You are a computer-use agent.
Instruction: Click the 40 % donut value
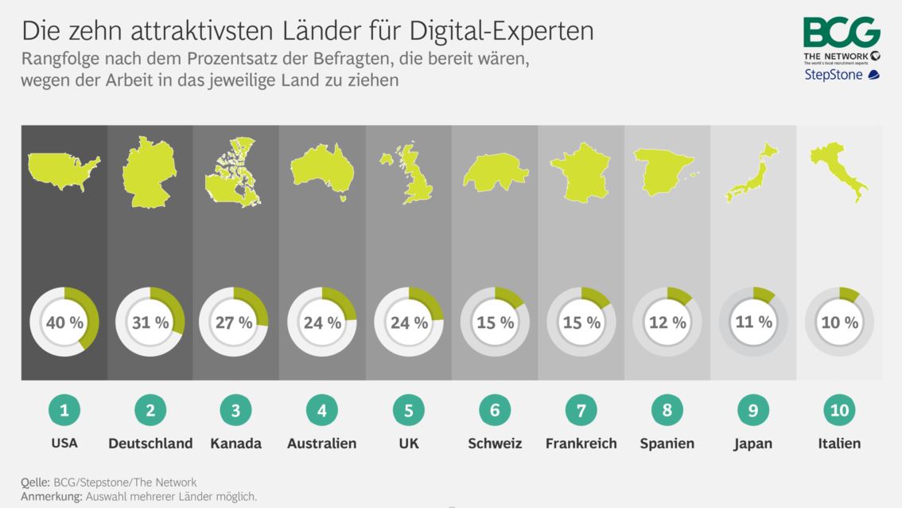[64, 322]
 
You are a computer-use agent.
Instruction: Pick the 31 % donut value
[150, 322]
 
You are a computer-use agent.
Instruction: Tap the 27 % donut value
[235, 322]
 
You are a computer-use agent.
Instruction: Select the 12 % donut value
[667, 322]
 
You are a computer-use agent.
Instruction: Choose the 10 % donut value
[839, 322]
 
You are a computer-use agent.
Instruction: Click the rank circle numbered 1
[64, 410]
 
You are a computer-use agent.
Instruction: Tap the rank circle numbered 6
[494, 410]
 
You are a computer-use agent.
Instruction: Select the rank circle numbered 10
[839, 410]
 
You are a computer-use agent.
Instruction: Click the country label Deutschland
[150, 444]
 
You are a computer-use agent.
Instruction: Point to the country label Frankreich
[581, 444]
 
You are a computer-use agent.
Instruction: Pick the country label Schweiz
[494, 444]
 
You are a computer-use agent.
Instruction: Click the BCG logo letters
[841, 33]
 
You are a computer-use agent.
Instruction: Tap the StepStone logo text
[834, 76]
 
